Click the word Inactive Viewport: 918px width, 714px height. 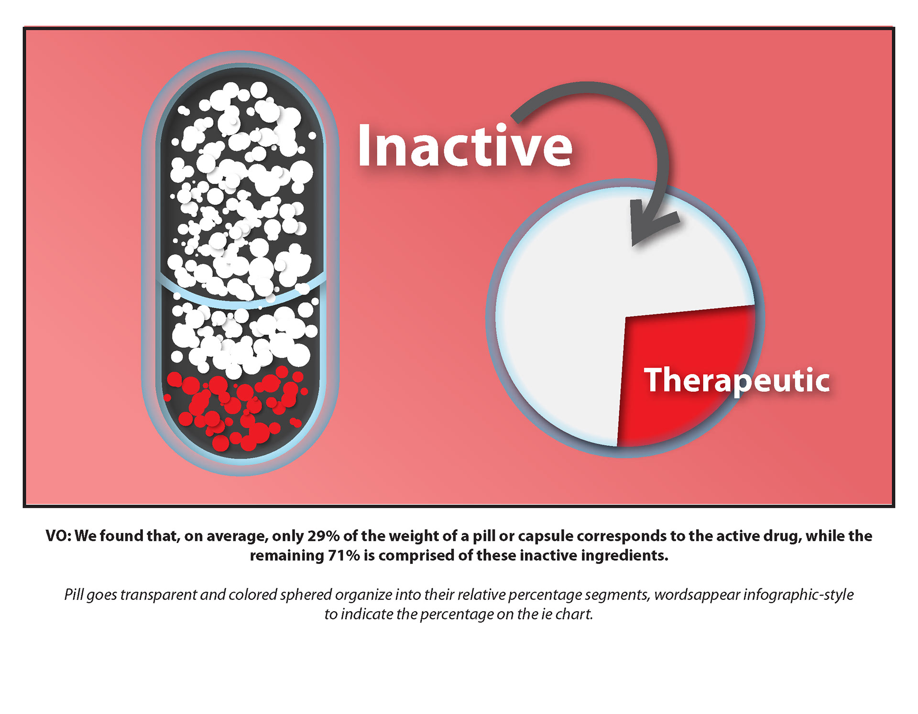coord(465,145)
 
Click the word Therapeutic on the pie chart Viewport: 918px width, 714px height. coord(737,380)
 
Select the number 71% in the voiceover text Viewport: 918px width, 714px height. coord(344,555)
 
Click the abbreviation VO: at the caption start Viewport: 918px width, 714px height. coord(58,536)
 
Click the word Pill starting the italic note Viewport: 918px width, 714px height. coord(74,595)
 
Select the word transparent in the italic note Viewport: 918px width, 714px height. coord(159,595)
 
